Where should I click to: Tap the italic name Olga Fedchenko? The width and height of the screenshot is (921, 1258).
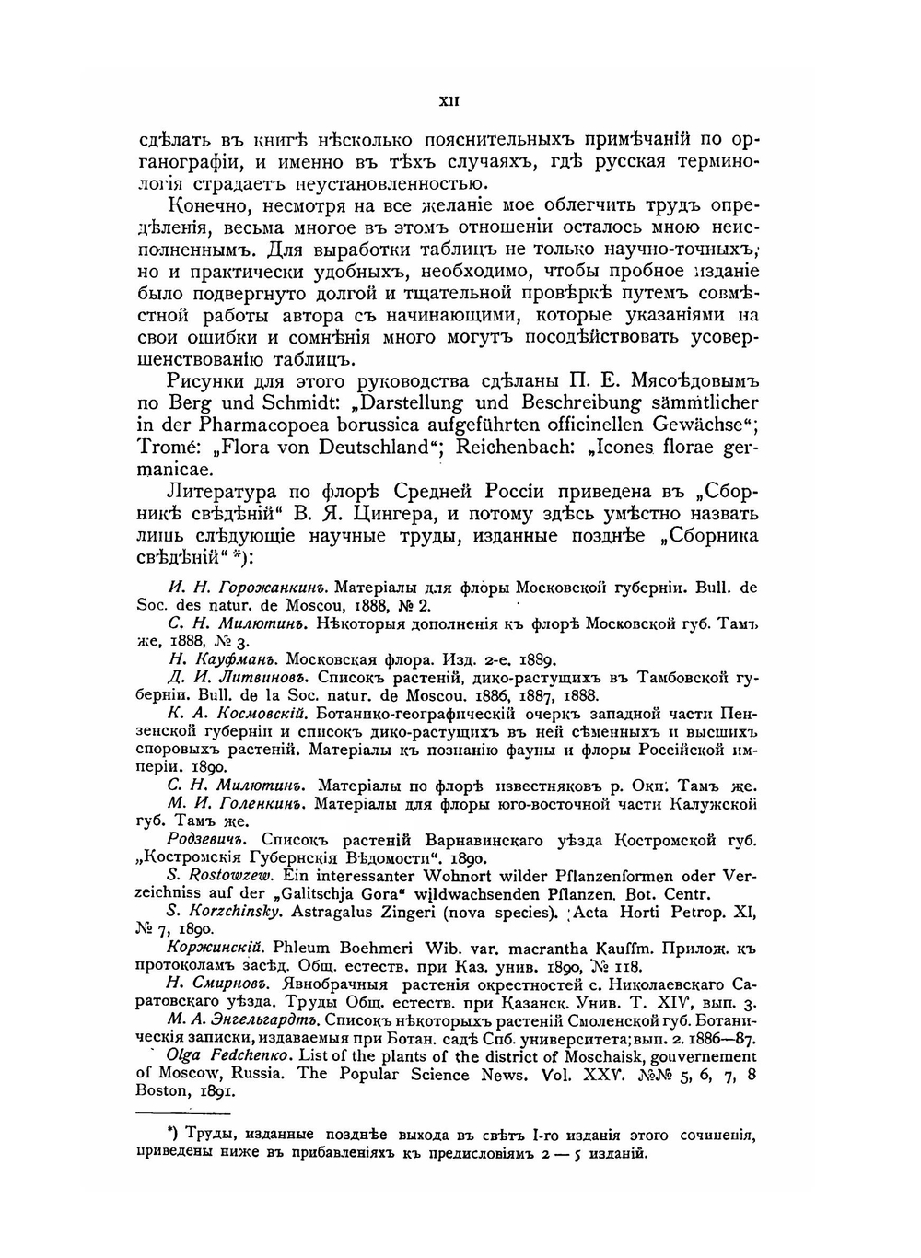(239, 1055)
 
